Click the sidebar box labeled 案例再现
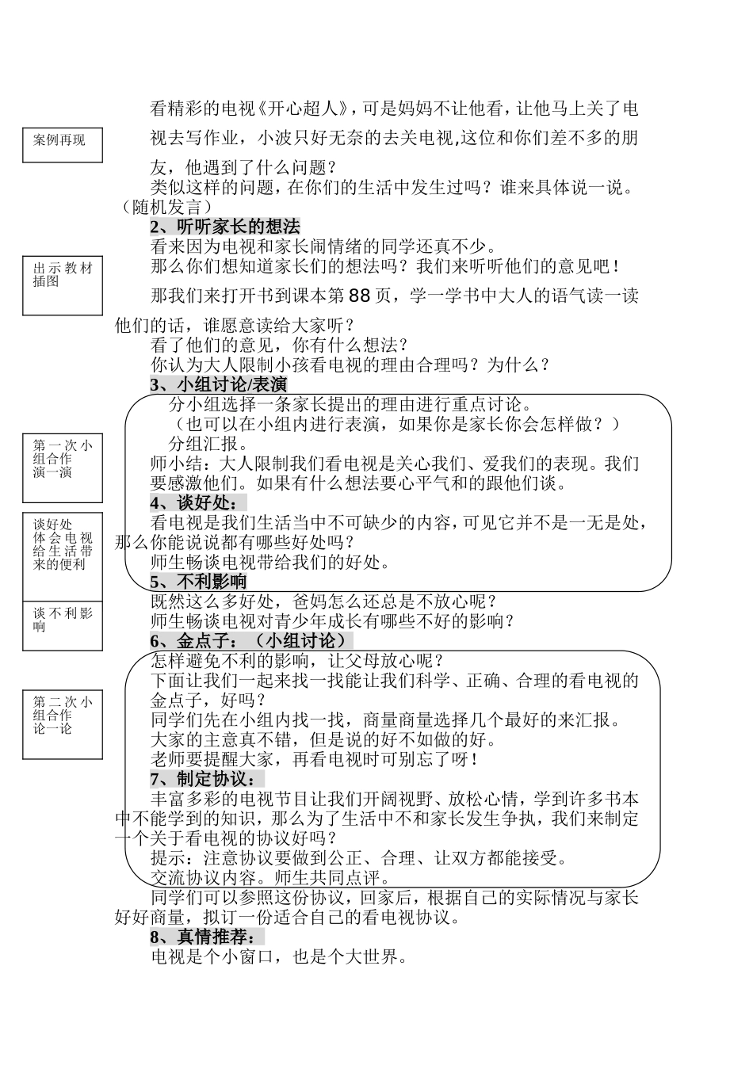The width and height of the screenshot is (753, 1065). pos(63,146)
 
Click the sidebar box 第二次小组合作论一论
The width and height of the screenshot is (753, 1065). pos(63,724)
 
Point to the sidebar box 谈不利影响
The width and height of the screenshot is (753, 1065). pos(63,625)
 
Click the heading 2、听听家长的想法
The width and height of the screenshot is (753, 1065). pos(225,227)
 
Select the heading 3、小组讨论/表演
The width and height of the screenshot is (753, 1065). pos(219,385)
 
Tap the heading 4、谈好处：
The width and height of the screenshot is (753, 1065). pos(198,503)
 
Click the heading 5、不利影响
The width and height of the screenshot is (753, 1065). pos(198,582)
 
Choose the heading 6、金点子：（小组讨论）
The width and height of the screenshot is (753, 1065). pos(251,641)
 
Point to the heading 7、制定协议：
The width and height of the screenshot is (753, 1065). pos(207,779)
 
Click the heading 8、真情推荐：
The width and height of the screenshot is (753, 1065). pos(207,937)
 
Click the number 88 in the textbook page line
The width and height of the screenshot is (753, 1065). pos(359,296)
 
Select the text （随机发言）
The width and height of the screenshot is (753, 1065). pos(163,208)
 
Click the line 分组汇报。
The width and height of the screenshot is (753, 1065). pos(209,444)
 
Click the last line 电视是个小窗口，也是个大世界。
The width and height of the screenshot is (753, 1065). pos(279,957)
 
